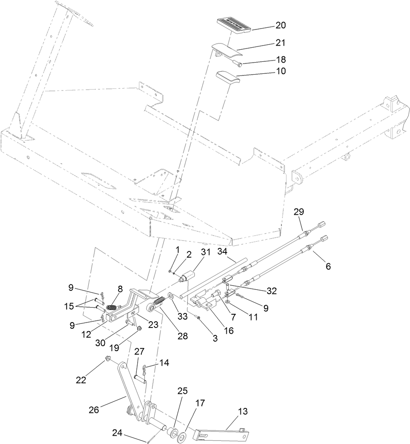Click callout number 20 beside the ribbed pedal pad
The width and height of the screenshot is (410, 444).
point(281,25)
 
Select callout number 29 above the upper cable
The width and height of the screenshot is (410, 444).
point(299,212)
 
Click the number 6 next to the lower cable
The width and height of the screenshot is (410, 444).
point(328,267)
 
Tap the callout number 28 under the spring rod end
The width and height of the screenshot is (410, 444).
point(183,336)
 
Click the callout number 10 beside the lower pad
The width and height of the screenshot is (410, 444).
point(281,71)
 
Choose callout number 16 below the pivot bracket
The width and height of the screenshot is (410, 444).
point(228,330)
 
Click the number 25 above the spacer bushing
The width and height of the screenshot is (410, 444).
point(183,391)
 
